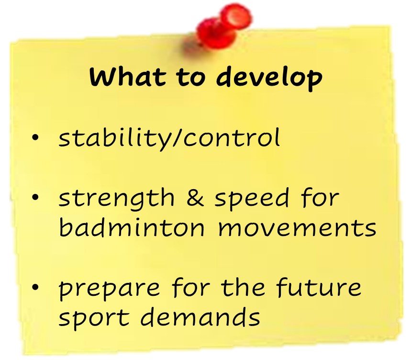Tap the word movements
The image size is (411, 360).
pyautogui.click(x=297, y=228)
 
